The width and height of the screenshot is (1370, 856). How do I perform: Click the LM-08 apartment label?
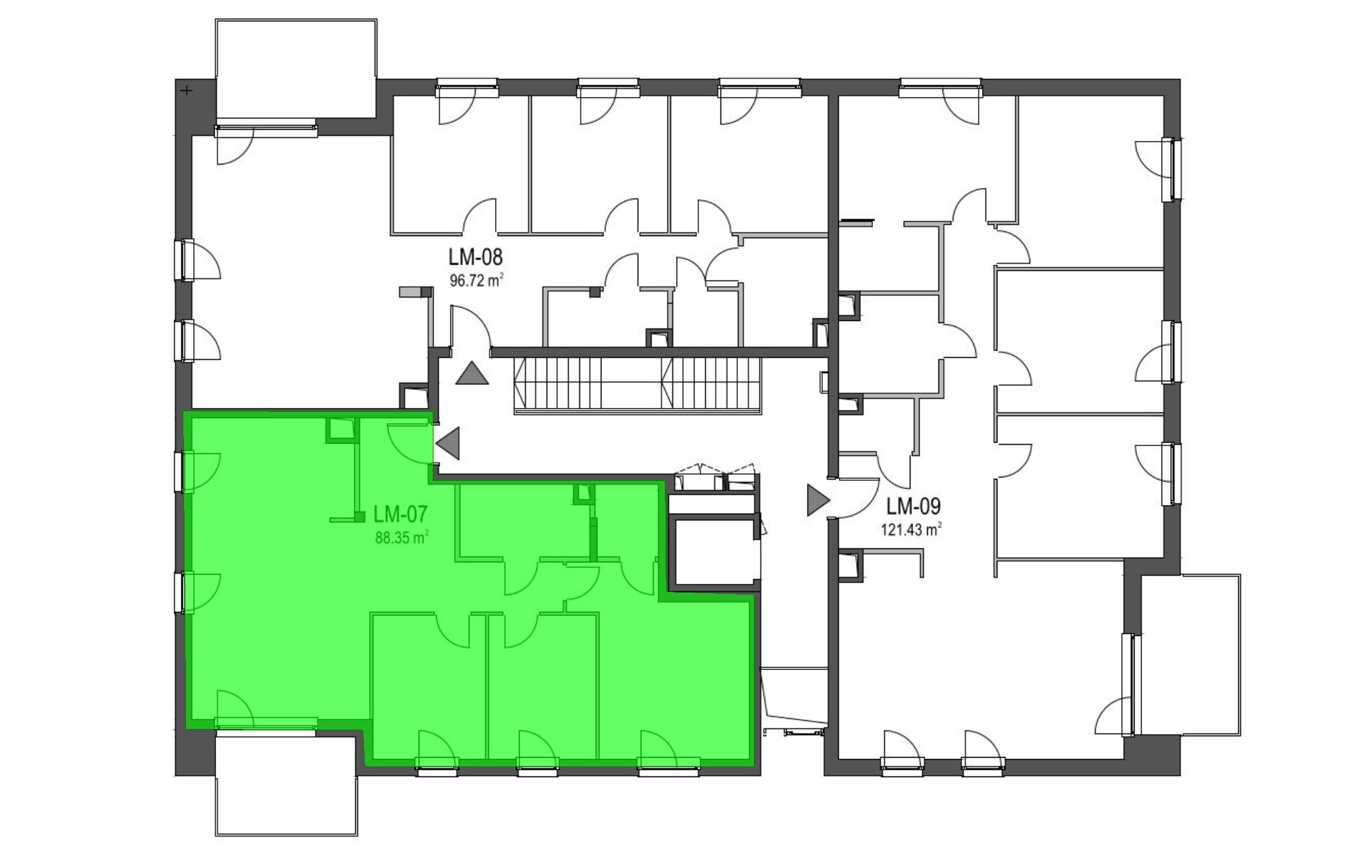click(476, 257)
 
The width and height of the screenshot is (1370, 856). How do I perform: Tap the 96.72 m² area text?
click(476, 280)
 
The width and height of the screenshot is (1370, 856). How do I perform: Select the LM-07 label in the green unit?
click(401, 514)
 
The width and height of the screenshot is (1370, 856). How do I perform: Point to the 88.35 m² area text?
click(401, 537)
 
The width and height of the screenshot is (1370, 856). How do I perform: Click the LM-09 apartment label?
click(914, 506)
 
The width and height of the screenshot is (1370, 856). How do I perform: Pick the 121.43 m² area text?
click(912, 530)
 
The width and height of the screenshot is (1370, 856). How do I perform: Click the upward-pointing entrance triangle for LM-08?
click(472, 373)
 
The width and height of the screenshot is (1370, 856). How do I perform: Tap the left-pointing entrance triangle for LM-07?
click(448, 443)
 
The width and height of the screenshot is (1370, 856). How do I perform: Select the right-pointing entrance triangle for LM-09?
click(818, 500)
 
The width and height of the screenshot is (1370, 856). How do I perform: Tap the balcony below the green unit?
click(287, 785)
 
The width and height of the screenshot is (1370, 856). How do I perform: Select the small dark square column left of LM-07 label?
click(360, 516)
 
